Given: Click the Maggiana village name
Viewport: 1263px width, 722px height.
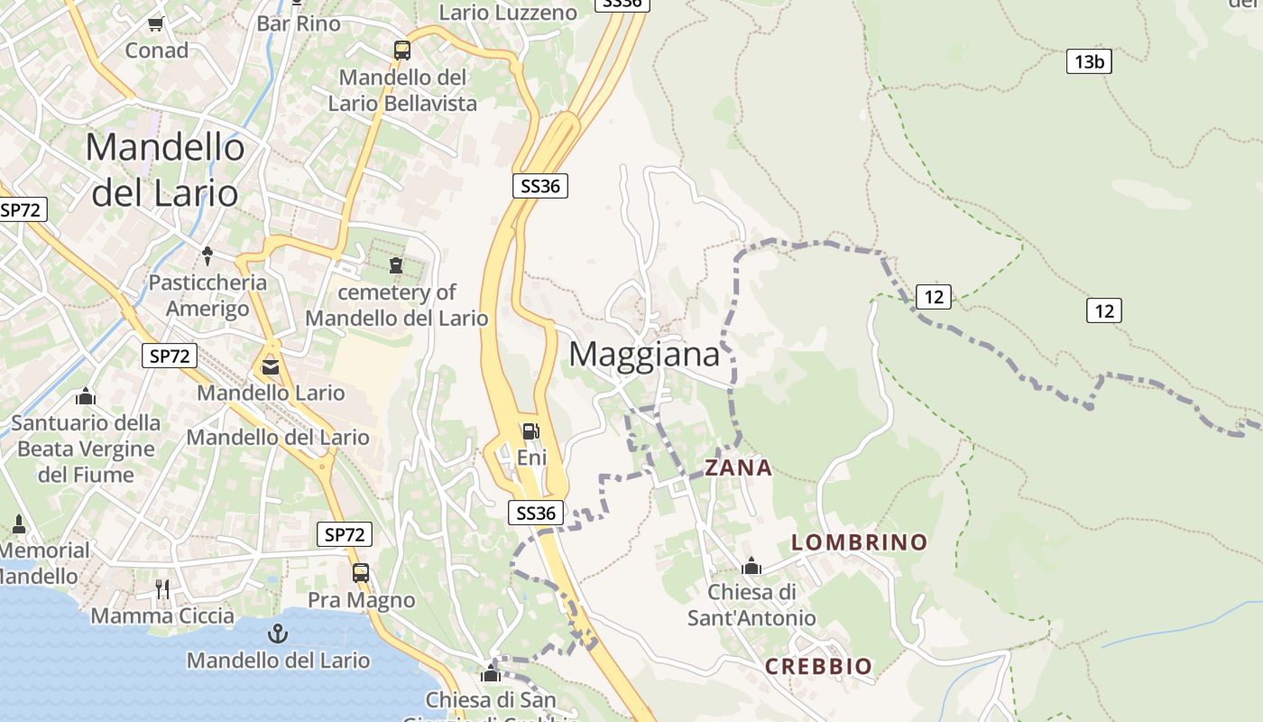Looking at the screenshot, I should [x=644, y=354].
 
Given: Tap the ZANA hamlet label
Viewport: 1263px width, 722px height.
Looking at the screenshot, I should [x=738, y=467].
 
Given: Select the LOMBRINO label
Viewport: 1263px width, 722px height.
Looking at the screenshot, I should [x=859, y=541].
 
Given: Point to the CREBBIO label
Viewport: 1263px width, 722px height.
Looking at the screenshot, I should [x=818, y=666].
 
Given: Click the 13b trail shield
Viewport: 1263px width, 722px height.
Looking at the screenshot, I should [x=1089, y=61].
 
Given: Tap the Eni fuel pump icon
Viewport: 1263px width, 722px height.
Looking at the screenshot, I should [x=531, y=431].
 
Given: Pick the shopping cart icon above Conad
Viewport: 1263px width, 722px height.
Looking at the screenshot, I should [x=156, y=23].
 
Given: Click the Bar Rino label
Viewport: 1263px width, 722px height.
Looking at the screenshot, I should [x=299, y=23].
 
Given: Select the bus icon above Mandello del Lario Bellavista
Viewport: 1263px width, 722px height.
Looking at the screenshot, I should [x=402, y=51].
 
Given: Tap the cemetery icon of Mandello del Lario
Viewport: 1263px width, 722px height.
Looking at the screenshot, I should [x=396, y=264].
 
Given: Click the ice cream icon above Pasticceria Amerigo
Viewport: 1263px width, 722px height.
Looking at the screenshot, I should [x=207, y=255].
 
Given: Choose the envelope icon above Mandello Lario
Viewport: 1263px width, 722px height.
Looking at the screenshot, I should [x=271, y=367].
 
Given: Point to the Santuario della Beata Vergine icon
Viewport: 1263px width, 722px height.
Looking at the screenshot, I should [x=86, y=396].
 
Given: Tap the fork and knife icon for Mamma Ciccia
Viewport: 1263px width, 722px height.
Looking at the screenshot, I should [x=162, y=589].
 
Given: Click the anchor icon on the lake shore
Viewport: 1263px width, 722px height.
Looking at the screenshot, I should [x=279, y=633].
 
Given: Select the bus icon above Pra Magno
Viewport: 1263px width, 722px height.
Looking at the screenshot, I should [x=361, y=573].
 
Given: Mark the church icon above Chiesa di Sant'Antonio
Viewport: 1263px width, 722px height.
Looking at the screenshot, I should [x=751, y=567].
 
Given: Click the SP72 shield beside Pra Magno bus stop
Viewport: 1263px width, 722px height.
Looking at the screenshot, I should [x=346, y=534].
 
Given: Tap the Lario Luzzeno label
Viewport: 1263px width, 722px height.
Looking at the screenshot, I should [x=508, y=13].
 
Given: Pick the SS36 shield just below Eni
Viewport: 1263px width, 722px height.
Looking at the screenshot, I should [x=536, y=513].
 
